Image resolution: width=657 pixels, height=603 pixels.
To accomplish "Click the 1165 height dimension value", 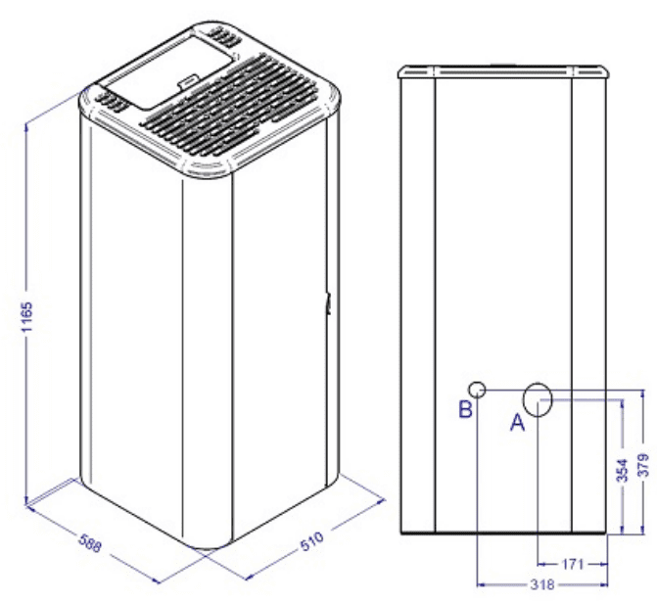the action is [x=26, y=317].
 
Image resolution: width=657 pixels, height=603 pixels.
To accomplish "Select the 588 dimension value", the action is [x=90, y=543].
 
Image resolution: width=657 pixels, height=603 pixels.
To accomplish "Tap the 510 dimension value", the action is [x=312, y=541].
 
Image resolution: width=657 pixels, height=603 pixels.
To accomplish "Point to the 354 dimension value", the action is [x=624, y=470].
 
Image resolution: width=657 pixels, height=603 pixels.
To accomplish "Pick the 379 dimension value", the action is [x=644, y=464].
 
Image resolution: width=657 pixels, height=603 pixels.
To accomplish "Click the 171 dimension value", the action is [x=573, y=564].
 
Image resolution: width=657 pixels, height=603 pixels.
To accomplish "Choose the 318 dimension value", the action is [x=542, y=584].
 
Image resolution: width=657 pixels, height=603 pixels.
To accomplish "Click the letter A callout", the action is [x=517, y=422].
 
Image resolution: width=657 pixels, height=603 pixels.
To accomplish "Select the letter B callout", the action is [x=466, y=408].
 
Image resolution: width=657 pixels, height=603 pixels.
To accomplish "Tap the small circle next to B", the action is [x=477, y=390].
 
